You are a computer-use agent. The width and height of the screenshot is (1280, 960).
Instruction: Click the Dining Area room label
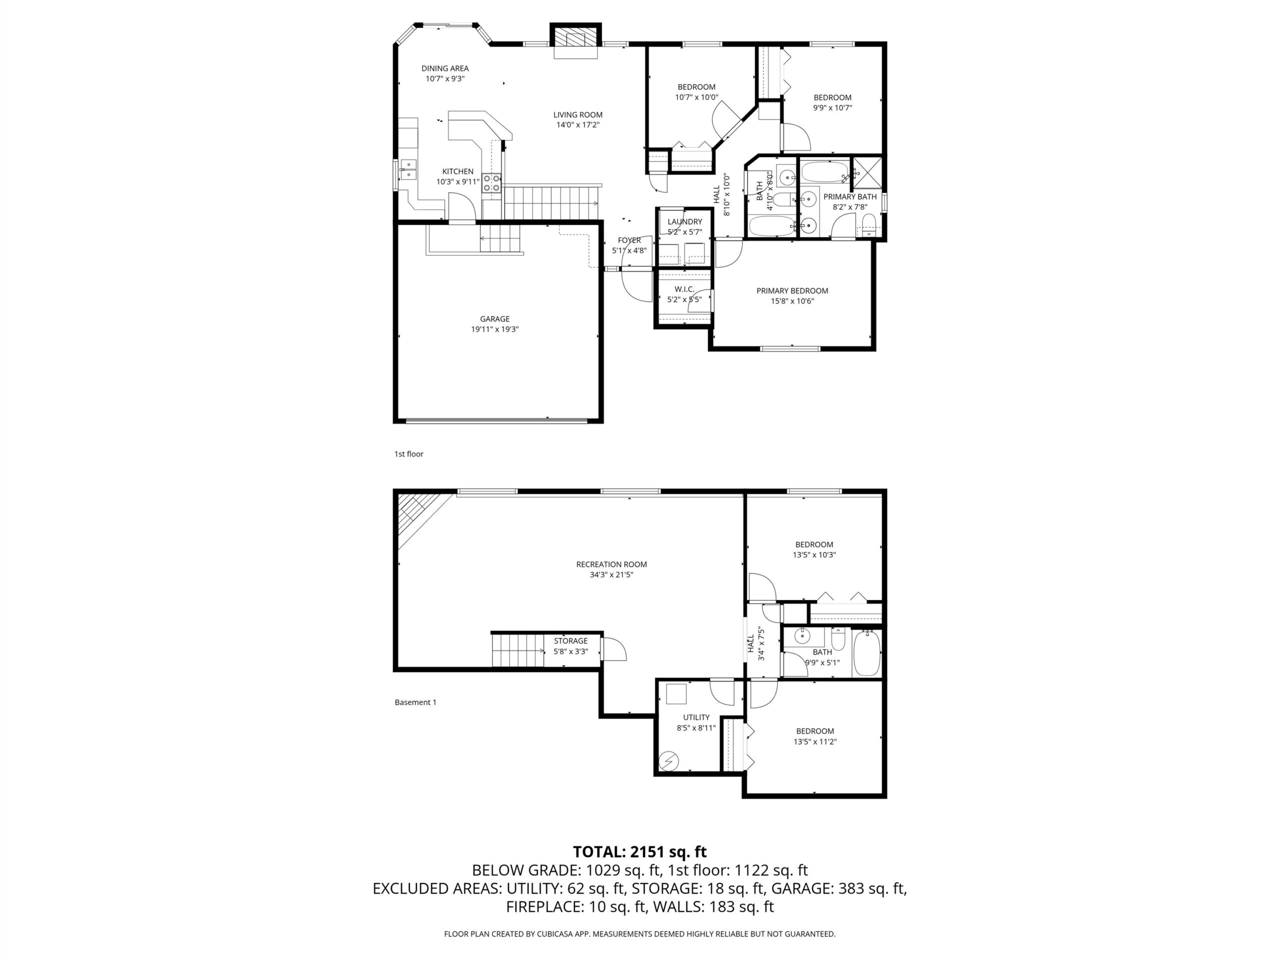pyautogui.click(x=444, y=68)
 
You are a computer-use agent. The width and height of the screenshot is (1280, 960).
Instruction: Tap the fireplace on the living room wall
pyautogui.click(x=575, y=40)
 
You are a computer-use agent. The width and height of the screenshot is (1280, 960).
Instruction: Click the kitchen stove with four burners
pyautogui.click(x=492, y=183)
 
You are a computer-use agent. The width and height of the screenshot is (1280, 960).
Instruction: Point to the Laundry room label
pyautogui.click(x=684, y=221)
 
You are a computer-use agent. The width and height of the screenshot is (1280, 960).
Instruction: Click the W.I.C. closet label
pyautogui.click(x=684, y=289)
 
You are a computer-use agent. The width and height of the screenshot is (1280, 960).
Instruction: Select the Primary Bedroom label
pyautogui.click(x=791, y=290)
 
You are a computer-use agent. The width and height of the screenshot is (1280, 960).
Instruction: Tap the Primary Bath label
pyautogui.click(x=849, y=196)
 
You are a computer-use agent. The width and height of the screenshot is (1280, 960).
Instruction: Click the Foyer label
pyautogui.click(x=629, y=240)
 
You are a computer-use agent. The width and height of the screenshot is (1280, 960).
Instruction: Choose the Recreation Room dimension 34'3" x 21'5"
pyautogui.click(x=611, y=574)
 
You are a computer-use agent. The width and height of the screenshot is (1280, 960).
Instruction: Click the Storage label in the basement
pyautogui.click(x=570, y=640)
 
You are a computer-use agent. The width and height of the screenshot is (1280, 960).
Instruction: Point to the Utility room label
pyautogui.click(x=695, y=717)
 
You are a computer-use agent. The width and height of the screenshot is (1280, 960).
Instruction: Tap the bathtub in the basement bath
pyautogui.click(x=866, y=653)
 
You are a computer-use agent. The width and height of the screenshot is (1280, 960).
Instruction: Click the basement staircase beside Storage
pyautogui.click(x=518, y=650)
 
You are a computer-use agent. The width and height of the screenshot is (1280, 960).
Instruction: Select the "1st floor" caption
pyautogui.click(x=408, y=453)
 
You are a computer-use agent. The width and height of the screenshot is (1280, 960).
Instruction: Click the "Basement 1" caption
pyautogui.click(x=415, y=702)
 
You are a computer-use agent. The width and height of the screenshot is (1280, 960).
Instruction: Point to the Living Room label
pyautogui.click(x=577, y=114)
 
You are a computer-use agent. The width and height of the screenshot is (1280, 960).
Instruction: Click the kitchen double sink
pyautogui.click(x=408, y=169)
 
